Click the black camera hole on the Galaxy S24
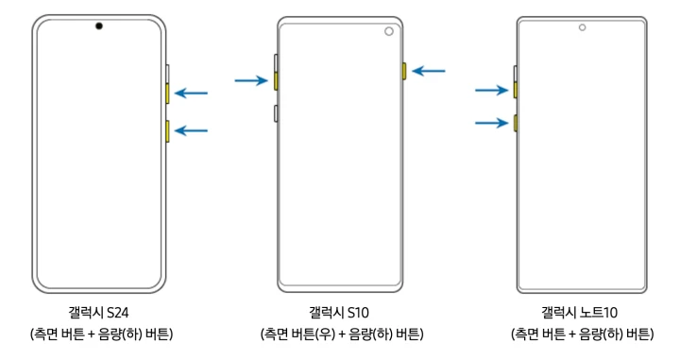coord(98,26)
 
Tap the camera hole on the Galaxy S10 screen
coord(388,31)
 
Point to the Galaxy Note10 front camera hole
coord(582,26)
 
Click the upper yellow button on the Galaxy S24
coord(167,94)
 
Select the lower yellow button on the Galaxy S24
coord(167,131)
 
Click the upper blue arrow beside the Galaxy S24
coord(192,94)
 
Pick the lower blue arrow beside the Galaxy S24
coord(192,131)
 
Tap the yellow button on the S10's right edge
coord(404,71)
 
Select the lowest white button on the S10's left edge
coord(275,114)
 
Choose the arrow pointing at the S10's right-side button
coord(429,70)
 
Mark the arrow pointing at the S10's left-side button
coord(250,81)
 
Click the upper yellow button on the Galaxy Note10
coord(515,91)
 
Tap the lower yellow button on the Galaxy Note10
coord(515,123)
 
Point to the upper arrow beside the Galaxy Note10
coord(491,91)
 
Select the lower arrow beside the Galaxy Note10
coord(491,123)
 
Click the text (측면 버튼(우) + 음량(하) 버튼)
coord(341,334)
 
